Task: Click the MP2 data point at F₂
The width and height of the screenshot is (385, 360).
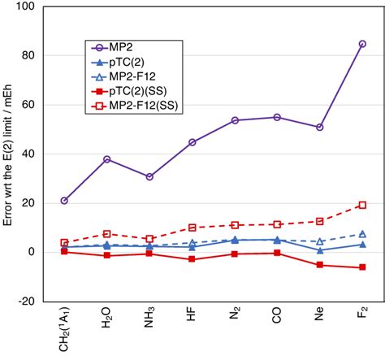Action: pos(362,44)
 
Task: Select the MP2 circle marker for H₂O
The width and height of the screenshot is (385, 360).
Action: pos(106,159)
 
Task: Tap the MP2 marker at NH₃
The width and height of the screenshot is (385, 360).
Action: pos(149,176)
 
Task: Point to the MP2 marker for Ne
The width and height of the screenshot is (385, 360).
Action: pos(320,128)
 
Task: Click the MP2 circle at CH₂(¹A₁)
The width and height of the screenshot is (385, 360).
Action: pos(64,201)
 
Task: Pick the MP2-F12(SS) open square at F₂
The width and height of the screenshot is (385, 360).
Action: pos(362,205)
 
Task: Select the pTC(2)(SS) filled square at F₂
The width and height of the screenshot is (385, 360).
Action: pos(362,267)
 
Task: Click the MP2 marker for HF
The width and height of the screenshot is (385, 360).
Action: pos(192,142)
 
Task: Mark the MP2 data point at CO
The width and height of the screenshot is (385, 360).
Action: pos(277,117)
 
